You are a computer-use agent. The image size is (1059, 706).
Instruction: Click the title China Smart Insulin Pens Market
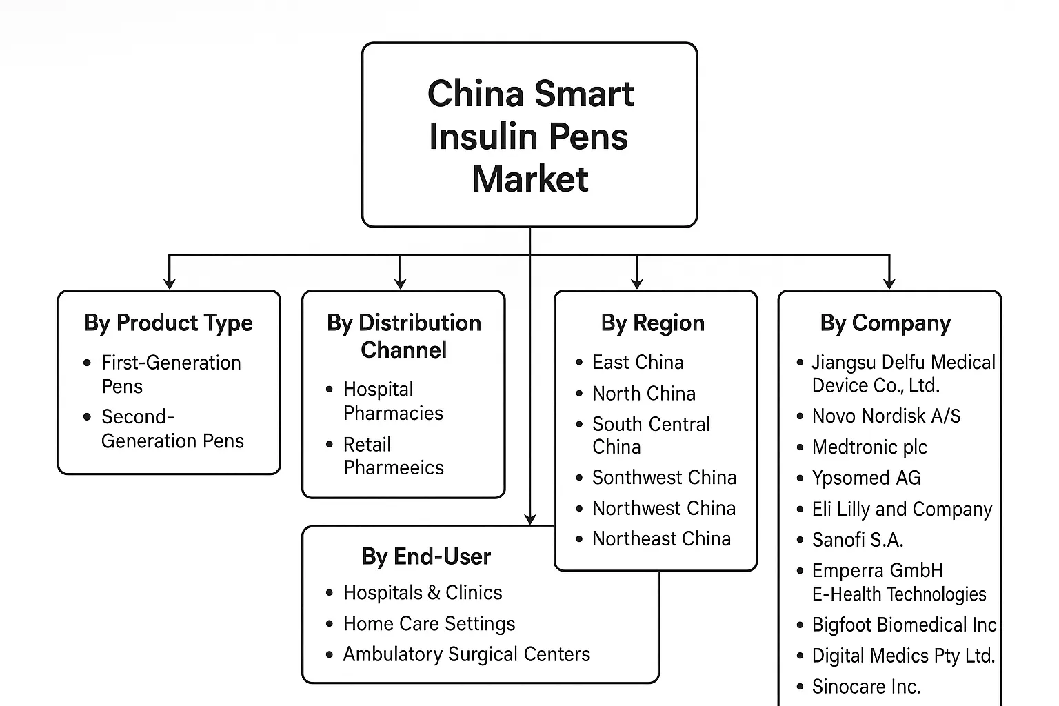point(529,136)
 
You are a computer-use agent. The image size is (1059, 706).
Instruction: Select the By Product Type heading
point(168,323)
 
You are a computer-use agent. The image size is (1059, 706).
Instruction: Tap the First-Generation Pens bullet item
point(170,374)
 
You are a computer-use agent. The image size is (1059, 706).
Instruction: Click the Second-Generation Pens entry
point(172,428)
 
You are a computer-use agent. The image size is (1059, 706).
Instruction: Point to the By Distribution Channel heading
point(404,336)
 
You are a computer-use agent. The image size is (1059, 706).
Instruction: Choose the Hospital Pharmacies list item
point(393,401)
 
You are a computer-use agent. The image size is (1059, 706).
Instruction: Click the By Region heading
point(652,323)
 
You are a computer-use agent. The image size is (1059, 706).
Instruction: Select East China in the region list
point(637,362)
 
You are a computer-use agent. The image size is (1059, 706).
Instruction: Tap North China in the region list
point(643,393)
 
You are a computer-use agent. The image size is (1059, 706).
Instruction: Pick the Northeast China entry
point(660,538)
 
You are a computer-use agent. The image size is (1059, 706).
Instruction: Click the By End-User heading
point(426,556)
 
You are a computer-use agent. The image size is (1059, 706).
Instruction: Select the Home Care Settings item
point(429,623)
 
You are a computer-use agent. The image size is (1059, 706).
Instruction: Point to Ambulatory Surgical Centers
point(466,654)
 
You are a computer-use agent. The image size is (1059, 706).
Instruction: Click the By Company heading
point(885,323)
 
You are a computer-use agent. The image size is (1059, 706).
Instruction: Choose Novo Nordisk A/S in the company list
point(886,416)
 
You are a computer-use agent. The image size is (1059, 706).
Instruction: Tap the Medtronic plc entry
point(869,447)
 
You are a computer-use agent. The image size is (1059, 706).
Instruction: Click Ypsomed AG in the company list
point(866,477)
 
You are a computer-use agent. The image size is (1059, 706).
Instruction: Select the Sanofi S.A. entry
point(857,539)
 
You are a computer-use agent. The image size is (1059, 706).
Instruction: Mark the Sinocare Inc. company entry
point(865,686)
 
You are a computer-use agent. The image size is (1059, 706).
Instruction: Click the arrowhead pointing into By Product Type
point(169,283)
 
